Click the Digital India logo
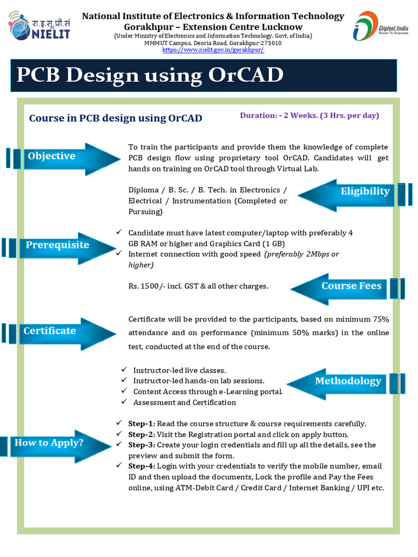point(380,27)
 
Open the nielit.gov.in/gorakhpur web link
point(213,50)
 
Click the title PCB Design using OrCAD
point(150,75)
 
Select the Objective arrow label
point(52,156)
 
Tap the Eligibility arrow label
point(365,191)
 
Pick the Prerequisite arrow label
point(57,245)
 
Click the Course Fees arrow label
point(351,286)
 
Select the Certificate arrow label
point(50,331)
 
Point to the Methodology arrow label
point(348,381)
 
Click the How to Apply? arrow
point(49,442)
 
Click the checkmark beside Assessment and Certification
point(124,402)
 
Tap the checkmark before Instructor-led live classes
point(124,370)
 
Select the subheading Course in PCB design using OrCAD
point(115,118)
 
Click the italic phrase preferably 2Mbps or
point(302,254)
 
